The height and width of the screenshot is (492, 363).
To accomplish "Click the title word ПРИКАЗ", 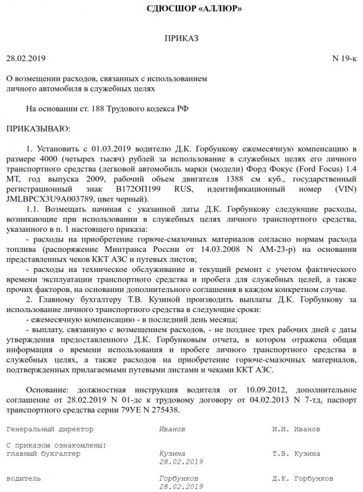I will point(182,38).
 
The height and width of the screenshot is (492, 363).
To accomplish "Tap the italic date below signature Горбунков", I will point(181,487).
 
